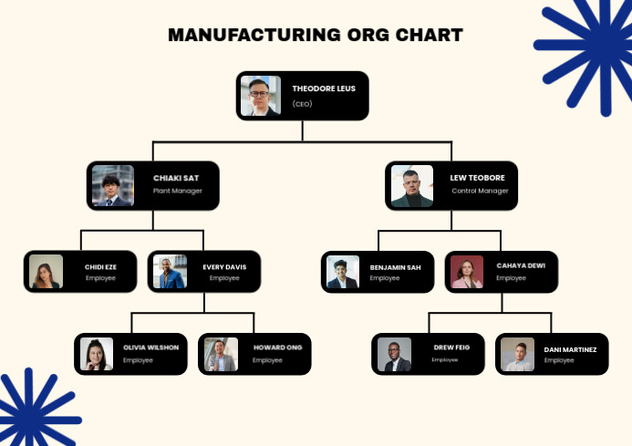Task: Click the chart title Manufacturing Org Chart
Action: coord(316,36)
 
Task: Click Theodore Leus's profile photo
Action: coord(260,96)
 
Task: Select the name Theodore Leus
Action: coord(317,88)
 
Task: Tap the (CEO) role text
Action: coord(302,104)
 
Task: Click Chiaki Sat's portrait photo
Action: coord(112,186)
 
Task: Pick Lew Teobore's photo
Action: coord(411,186)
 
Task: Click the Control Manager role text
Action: coord(480,191)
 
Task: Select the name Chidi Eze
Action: coord(100,266)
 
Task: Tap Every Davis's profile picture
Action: coord(170,272)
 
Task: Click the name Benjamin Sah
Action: coord(395,266)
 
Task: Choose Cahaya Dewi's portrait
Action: coord(466,272)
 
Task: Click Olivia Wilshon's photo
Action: coord(96,354)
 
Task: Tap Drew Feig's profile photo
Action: coord(394,354)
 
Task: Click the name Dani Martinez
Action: coord(570,349)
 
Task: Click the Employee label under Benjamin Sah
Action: coord(385,277)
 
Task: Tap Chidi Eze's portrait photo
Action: coord(46,272)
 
